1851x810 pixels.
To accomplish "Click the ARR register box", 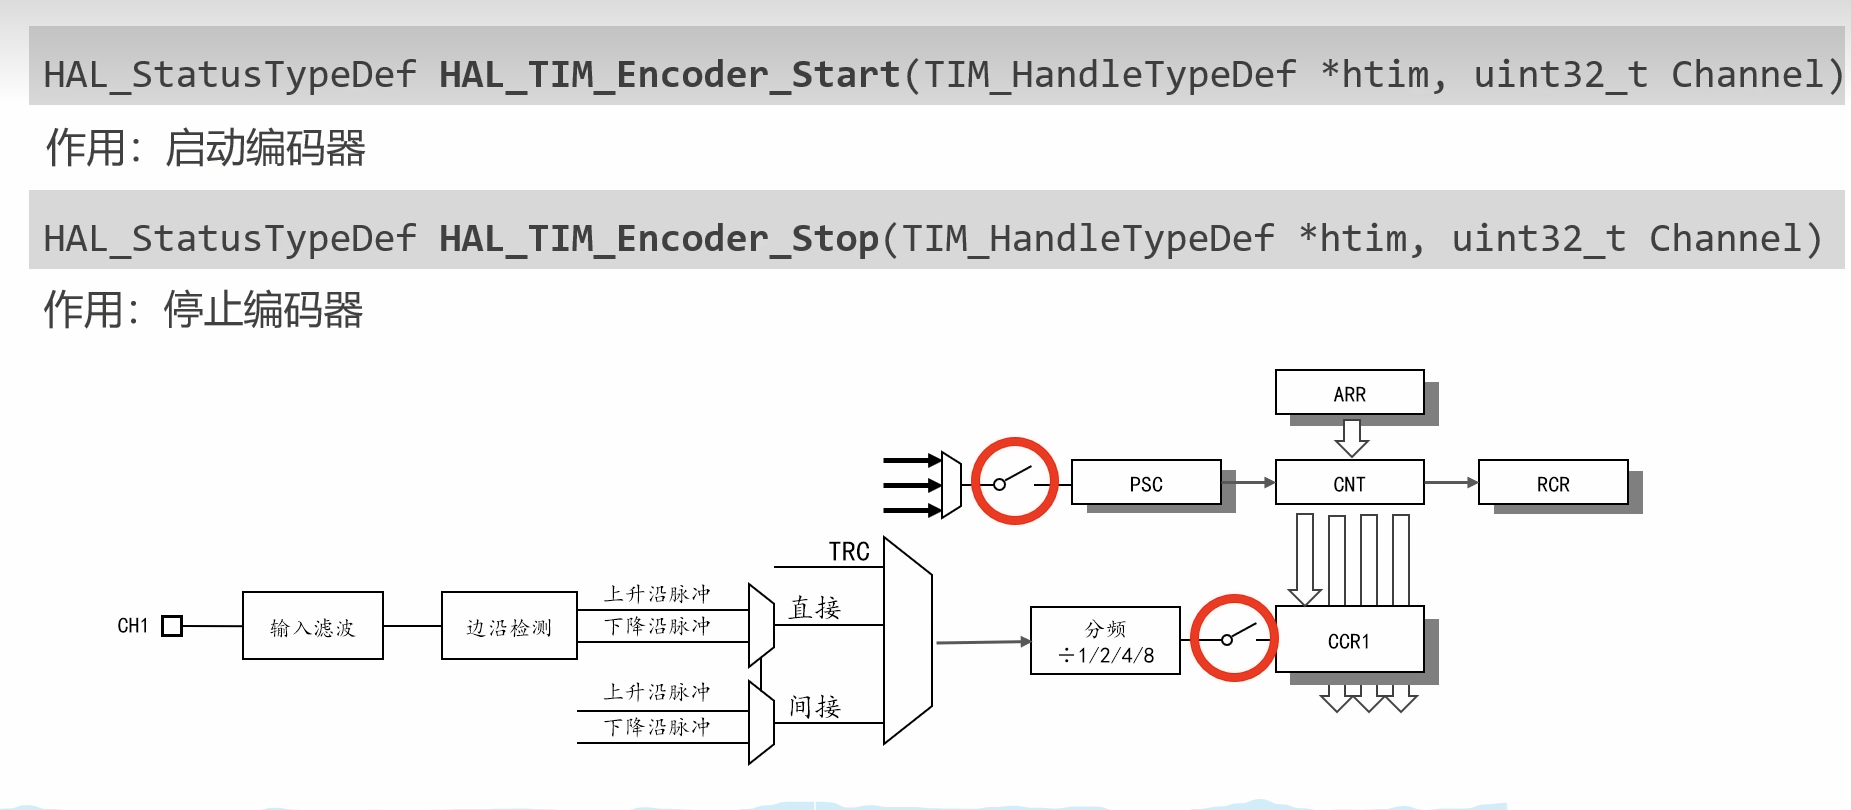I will coord(1349,393).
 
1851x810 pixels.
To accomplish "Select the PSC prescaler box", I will coord(1146,483).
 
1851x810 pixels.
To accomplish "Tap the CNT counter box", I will coord(1349,483).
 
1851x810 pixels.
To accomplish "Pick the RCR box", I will coord(1552,483).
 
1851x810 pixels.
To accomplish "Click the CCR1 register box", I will coord(1349,640).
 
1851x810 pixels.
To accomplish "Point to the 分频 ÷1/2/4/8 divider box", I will coord(1105,641).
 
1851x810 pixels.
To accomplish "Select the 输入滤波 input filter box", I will coord(312,626).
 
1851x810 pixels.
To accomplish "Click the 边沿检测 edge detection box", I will coord(509,626).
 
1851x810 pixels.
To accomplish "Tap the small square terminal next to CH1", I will coord(172,626).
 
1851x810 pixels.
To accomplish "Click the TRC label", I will coord(849,551).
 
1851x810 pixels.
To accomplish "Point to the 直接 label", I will coord(814,607).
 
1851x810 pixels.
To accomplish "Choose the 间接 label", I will coord(814,706).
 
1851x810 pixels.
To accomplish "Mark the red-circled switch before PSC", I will coord(1015,481).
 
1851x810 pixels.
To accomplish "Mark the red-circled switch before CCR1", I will coord(1233,638).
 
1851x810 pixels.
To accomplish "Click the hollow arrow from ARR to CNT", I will coord(1351,437).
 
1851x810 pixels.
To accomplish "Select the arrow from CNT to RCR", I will coord(1451,483).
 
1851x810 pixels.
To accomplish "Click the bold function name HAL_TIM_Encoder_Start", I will coord(669,75).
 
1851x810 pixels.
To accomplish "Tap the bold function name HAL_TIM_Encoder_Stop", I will coord(658,239).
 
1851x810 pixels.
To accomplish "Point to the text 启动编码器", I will coord(265,148).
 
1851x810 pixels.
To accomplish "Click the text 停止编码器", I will coord(263,310).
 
